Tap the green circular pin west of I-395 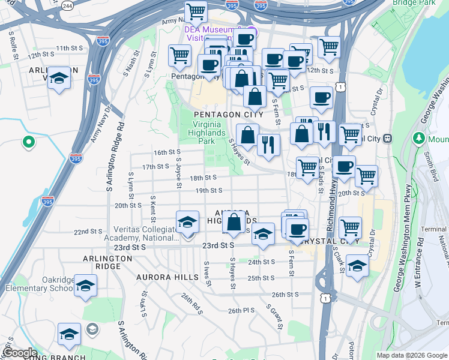pyautogui.click(x=28, y=142)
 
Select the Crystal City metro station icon pyautogui.click(x=388, y=137)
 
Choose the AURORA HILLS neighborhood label pyautogui.click(x=167, y=277)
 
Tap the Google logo pyautogui.click(x=20, y=353)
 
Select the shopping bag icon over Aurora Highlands pyautogui.click(x=234, y=223)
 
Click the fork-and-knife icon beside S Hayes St pyautogui.click(x=268, y=144)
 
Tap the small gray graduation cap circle pyautogui.click(x=92, y=329)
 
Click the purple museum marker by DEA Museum pyautogui.click(x=252, y=32)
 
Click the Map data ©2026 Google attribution pyautogui.click(x=412, y=355)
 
